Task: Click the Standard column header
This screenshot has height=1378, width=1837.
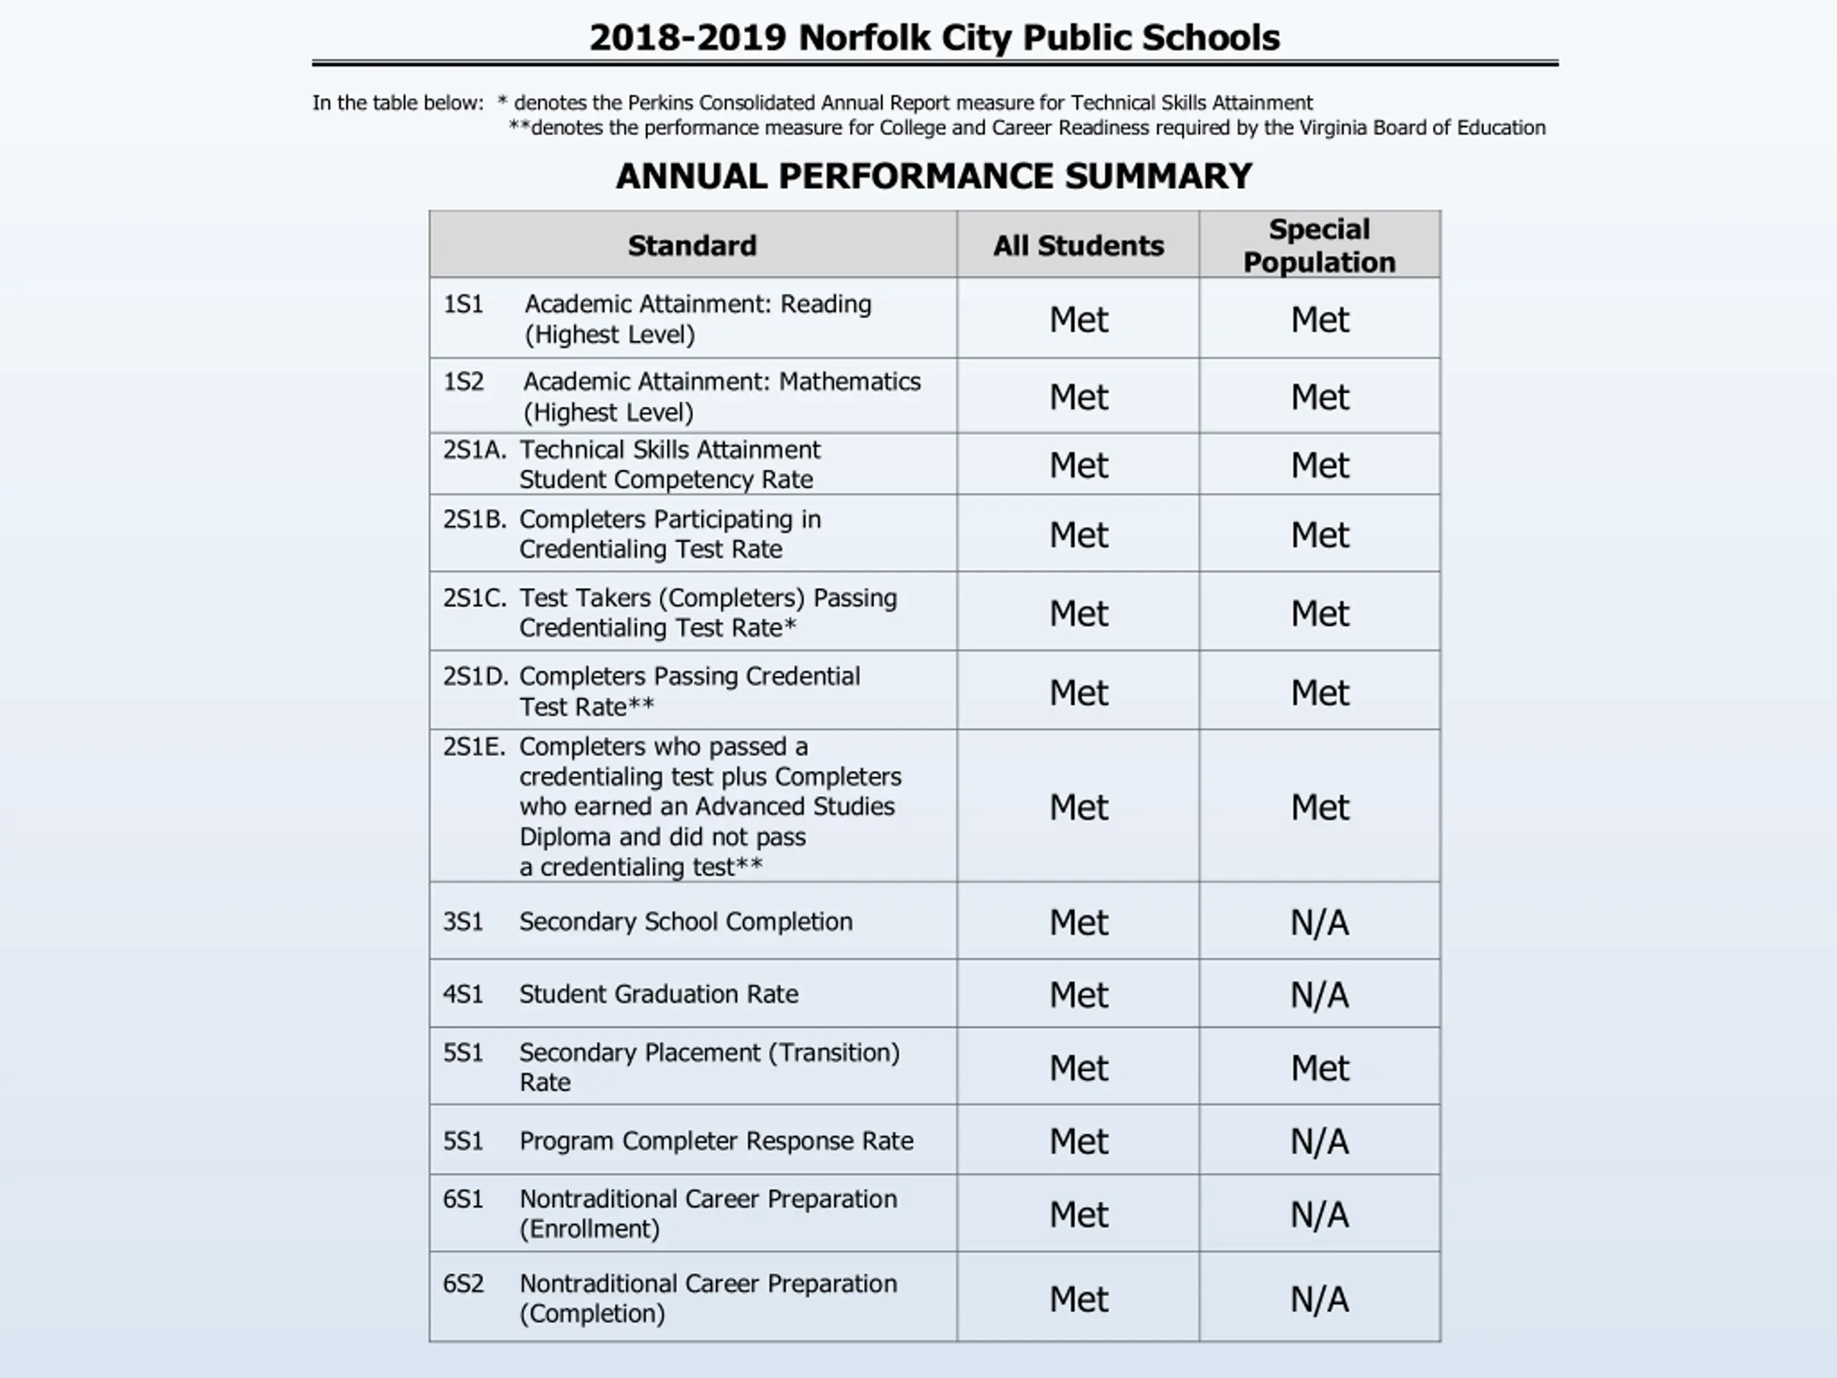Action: click(x=692, y=246)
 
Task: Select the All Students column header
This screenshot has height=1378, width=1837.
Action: click(x=1078, y=246)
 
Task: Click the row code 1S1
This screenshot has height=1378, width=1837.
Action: click(x=463, y=304)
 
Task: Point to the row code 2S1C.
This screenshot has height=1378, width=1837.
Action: click(x=474, y=598)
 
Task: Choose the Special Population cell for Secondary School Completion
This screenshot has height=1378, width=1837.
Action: click(x=1319, y=923)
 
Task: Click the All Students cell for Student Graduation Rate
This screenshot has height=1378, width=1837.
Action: click(x=1078, y=995)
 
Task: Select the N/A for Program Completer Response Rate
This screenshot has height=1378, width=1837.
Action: click(x=1319, y=1141)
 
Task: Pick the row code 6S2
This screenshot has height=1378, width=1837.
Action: click(x=463, y=1284)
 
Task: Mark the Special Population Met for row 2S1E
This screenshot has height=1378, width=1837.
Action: click(x=1319, y=807)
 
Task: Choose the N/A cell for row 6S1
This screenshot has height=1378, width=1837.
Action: click(x=1319, y=1215)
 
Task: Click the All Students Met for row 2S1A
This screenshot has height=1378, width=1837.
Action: click(x=1078, y=465)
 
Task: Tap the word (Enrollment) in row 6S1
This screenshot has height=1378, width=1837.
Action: click(x=590, y=1229)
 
